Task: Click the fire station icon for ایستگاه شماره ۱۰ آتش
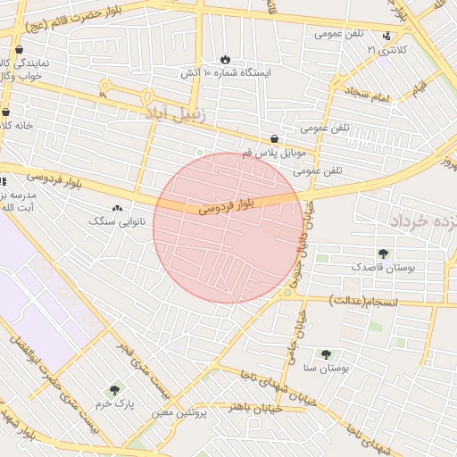224,57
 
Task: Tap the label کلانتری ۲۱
386,50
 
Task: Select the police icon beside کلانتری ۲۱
386,36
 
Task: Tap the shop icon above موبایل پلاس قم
274,138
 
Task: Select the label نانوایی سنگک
116,220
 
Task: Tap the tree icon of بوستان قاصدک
383,253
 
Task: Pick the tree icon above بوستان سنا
325,353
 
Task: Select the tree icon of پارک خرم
114,389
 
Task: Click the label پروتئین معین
179,411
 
